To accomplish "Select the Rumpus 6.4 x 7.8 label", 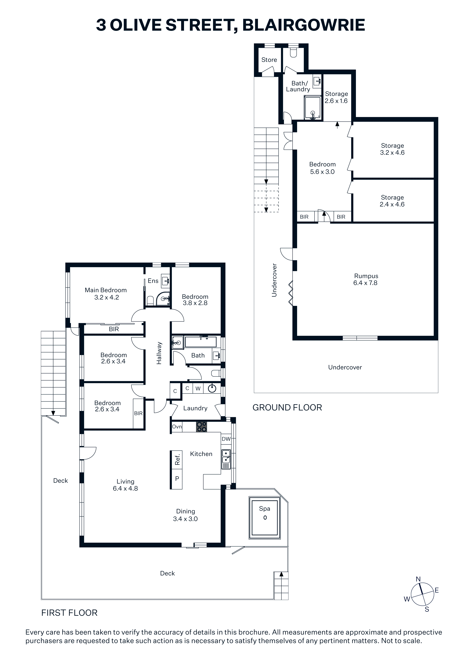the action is (366, 279).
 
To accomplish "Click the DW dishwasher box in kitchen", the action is (226, 439).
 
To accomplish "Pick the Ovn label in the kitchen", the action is (177, 427).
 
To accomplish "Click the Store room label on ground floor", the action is (269, 60).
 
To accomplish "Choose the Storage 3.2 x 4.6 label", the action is (392, 149).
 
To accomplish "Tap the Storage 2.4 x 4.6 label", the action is (392, 201).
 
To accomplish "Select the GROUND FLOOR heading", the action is (287, 408).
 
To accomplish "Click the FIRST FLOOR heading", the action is (69, 613).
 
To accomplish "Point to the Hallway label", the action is (159, 353).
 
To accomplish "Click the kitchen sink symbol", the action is (226, 459).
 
